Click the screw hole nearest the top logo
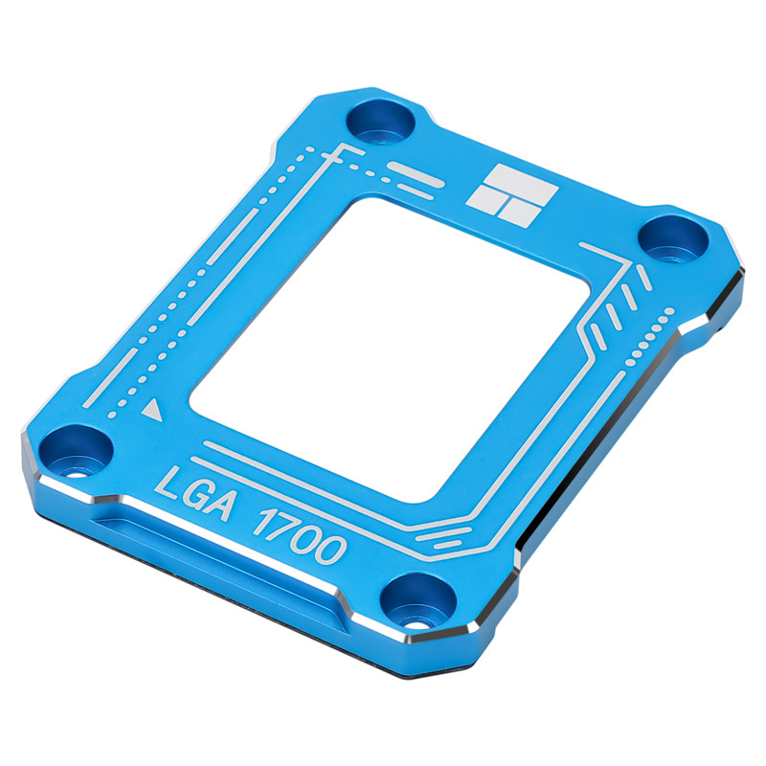(380, 122)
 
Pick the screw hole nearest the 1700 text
(418, 601)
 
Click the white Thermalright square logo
(512, 195)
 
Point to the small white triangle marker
(152, 410)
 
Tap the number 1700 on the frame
(300, 536)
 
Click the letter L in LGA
(167, 484)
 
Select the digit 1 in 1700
(262, 521)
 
